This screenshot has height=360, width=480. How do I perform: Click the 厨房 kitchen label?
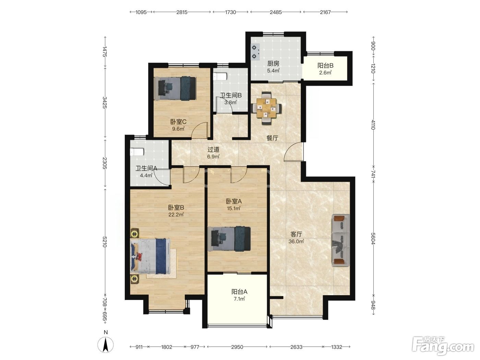273,64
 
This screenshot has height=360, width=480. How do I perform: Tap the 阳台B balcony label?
325,65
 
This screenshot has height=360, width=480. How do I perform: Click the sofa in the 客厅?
340,240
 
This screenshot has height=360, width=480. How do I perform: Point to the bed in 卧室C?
175,88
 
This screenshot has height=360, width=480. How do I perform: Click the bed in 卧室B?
151,256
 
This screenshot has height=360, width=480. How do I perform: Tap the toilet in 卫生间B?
220,76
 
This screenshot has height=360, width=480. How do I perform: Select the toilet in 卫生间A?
137,152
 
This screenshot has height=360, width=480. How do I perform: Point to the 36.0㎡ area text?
296,241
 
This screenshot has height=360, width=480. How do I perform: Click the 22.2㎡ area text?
176,214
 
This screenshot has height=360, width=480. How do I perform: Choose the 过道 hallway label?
213,149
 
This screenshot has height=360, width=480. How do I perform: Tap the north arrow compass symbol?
106,345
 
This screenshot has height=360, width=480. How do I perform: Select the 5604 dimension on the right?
373,239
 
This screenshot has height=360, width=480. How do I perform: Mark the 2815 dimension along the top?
182,12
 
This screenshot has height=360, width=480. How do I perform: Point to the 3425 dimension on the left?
105,102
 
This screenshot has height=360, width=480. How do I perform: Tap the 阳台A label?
239,291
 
